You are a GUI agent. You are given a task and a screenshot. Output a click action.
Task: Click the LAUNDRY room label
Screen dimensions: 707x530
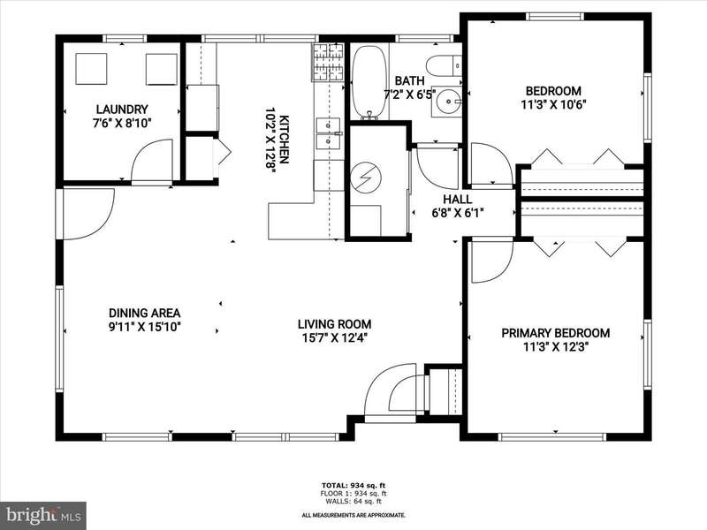tap(122, 110)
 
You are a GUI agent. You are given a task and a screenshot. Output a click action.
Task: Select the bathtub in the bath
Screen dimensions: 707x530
tap(369, 82)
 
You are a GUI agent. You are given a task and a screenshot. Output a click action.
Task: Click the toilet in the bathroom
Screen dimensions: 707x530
tap(444, 65)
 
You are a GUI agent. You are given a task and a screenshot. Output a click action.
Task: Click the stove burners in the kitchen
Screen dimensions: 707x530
tap(328, 62)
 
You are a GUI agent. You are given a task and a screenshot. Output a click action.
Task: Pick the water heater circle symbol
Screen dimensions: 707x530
tap(366, 176)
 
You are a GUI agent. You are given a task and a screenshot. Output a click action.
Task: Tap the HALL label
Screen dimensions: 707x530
tap(457, 200)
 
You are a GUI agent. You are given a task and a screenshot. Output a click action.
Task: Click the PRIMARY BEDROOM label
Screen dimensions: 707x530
tap(556, 333)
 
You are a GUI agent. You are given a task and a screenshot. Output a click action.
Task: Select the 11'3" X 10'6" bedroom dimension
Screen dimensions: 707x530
tap(553, 104)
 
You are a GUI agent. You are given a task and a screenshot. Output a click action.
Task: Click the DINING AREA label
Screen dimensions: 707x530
tap(145, 313)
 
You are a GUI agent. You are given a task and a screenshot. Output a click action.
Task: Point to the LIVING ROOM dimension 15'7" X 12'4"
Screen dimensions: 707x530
tap(335, 337)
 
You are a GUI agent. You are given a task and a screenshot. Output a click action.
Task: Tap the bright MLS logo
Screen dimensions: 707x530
tap(43, 514)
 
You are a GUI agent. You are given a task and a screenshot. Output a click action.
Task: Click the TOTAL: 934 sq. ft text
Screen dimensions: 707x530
tap(353, 485)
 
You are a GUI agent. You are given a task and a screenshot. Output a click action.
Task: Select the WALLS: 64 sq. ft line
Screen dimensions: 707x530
tap(354, 501)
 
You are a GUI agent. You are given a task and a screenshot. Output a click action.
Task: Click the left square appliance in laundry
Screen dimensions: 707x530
tap(92, 69)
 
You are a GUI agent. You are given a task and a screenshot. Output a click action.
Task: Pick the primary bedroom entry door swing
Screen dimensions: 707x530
tap(491, 261)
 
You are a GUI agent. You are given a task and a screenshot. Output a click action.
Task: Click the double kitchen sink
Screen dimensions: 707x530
tap(328, 133)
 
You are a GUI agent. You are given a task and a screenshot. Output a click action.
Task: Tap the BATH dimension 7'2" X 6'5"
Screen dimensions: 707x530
tap(409, 95)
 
